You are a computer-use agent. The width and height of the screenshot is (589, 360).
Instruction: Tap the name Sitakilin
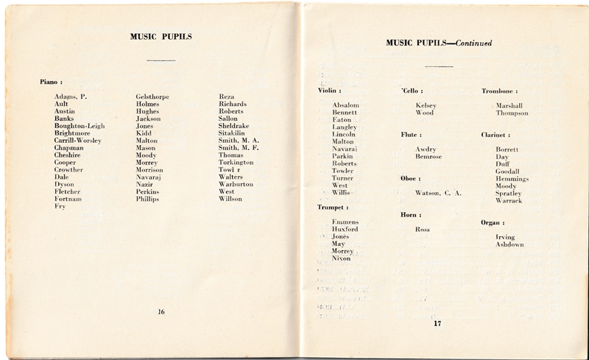tap(239, 133)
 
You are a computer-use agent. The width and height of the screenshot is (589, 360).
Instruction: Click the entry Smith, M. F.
tap(242, 147)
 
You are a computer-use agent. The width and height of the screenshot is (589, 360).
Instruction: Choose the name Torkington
tap(244, 162)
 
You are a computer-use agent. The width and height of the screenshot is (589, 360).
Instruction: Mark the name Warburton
tap(241, 184)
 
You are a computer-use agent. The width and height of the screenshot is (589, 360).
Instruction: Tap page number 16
tap(161, 311)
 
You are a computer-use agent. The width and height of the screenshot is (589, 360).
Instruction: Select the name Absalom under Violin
tap(345, 105)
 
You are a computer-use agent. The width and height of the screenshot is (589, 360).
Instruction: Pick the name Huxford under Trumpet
tap(345, 229)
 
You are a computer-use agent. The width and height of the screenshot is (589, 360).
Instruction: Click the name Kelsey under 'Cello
tap(426, 105)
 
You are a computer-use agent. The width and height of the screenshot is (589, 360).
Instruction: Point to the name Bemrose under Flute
tap(428, 158)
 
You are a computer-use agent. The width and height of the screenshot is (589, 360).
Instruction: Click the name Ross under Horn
tap(423, 229)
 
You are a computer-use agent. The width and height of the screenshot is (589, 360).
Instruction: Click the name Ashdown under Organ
tap(509, 244)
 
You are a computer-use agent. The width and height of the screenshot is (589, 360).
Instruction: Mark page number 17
tap(437, 323)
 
